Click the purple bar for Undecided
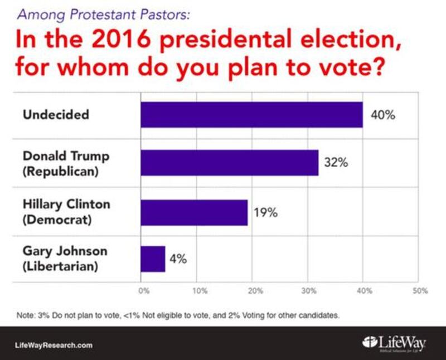point(251,115)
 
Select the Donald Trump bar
point(229,163)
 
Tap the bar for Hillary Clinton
point(193,212)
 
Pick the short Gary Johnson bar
point(153,259)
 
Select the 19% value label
point(266,213)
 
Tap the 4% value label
point(178,259)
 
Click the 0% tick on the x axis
point(143,290)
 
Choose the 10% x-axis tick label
point(200,290)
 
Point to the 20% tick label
point(255,290)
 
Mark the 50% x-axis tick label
point(420,290)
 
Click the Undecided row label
point(56,115)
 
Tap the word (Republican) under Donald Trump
point(60,171)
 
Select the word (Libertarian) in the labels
point(60,267)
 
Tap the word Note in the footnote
point(25,315)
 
